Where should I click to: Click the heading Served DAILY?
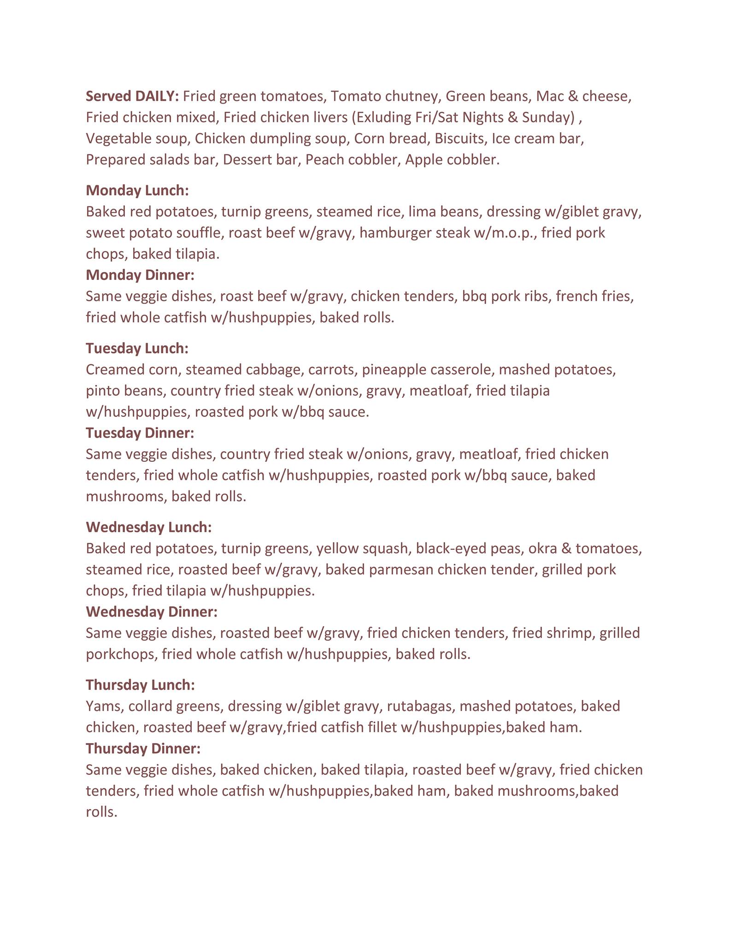pyautogui.click(x=132, y=96)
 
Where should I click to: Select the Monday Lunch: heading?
pyautogui.click(x=137, y=190)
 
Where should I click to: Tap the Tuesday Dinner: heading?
pyautogui.click(x=140, y=433)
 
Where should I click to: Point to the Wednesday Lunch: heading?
pyautogui.click(x=148, y=527)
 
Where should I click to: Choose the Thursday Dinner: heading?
pyautogui.click(x=143, y=748)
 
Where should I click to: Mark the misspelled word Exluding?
pyautogui.click(x=383, y=117)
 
